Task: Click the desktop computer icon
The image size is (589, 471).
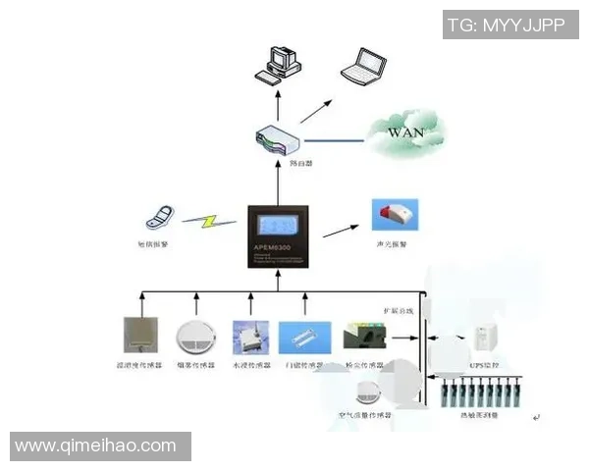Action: [276, 62]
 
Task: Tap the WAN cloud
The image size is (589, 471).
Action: [405, 131]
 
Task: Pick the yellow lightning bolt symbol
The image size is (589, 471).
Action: [208, 221]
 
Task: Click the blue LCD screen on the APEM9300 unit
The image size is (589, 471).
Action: [279, 223]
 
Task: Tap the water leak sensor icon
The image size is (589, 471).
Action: [248, 337]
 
